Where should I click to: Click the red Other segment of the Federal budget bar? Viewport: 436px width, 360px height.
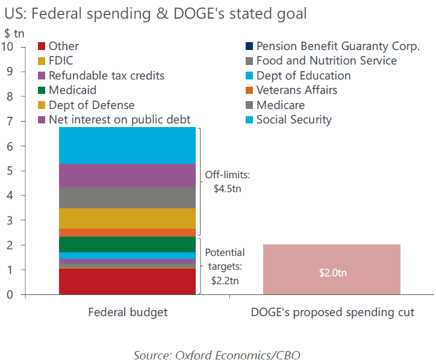(x=127, y=281)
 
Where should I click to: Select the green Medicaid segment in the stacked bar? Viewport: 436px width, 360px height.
(x=127, y=244)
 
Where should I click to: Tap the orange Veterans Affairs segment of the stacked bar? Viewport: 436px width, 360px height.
(x=127, y=233)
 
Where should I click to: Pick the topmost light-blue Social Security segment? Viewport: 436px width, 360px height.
(x=127, y=146)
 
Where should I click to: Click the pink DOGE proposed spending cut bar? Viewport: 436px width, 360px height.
(x=332, y=269)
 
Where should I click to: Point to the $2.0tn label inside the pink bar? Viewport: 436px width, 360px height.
(x=333, y=273)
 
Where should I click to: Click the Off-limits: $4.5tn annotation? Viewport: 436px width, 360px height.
(x=228, y=182)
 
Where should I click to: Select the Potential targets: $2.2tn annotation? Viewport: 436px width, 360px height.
(x=225, y=266)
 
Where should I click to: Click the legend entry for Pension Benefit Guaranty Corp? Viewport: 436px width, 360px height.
(x=332, y=46)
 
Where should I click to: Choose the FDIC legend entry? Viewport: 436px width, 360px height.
(x=55, y=61)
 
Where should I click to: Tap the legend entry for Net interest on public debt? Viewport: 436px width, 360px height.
(x=114, y=120)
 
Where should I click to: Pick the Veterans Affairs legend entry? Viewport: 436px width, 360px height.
(x=291, y=90)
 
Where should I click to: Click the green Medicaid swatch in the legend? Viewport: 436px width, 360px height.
(x=42, y=90)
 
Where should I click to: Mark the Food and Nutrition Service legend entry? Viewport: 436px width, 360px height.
(x=321, y=61)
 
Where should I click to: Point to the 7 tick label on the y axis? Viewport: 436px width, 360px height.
(x=10, y=121)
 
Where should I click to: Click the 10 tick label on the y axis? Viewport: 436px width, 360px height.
(x=7, y=46)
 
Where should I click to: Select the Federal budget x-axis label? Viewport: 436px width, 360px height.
(x=128, y=312)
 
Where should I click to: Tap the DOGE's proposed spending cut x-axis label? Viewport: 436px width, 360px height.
(x=332, y=312)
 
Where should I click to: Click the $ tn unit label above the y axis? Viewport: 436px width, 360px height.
(x=14, y=33)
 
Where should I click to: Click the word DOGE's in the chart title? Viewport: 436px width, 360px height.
(x=199, y=13)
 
